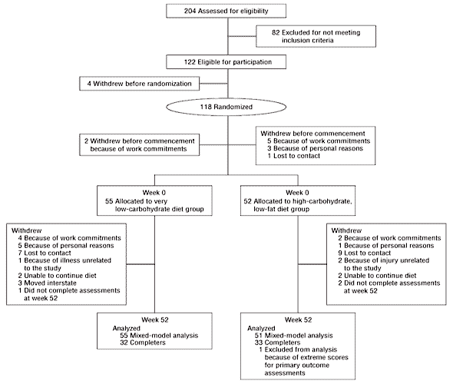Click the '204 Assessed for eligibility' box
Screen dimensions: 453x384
226,11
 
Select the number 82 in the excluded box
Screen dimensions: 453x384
276,32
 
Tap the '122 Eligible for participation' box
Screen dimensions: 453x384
226,62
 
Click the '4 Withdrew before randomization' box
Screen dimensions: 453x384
139,84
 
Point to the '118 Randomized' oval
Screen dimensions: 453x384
226,107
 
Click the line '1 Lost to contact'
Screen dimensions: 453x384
293,156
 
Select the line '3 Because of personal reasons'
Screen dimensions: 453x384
316,148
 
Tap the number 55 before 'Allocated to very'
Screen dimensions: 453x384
109,201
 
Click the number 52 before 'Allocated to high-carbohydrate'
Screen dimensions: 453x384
247,201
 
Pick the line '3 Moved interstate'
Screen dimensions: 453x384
48,283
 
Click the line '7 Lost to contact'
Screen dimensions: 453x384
45,253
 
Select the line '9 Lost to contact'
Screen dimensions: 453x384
364,253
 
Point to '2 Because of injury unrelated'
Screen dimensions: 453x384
384,260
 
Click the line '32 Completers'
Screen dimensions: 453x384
143,343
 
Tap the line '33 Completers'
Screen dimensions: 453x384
277,343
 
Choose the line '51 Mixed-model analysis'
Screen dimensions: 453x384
294,336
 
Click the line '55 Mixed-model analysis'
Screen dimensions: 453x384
159,336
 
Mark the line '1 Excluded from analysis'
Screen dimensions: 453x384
298,349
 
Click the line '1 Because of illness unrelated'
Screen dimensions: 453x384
64,260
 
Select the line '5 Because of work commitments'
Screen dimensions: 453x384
319,141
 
